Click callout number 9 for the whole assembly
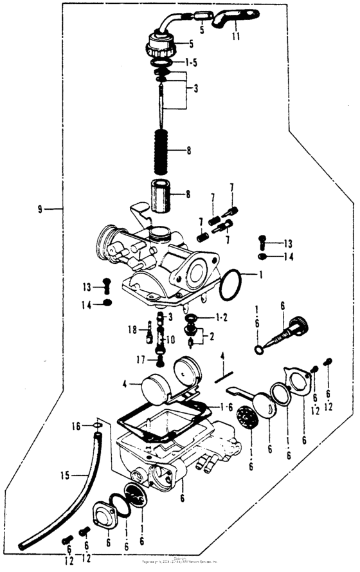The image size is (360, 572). tap(40, 209)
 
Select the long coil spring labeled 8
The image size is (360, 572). tap(162, 151)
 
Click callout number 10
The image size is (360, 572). tap(170, 339)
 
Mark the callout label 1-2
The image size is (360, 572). tap(222, 318)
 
